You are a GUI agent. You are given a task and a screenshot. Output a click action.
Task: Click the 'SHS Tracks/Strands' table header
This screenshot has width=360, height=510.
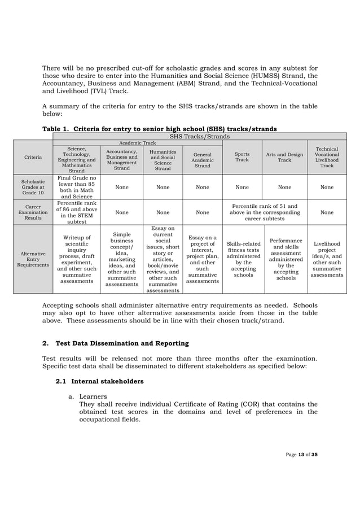(x=199, y=136)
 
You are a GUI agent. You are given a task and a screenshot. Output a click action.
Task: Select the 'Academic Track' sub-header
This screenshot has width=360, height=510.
(x=137, y=143)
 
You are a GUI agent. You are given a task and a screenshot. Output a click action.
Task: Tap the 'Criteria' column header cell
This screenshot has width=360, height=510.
(x=33, y=157)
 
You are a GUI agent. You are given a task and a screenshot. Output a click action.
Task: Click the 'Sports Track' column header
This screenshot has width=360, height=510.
(x=242, y=156)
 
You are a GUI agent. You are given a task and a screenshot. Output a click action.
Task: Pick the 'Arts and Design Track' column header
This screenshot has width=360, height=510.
(x=284, y=156)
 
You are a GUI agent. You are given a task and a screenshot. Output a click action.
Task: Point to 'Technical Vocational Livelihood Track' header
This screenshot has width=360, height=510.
(x=327, y=156)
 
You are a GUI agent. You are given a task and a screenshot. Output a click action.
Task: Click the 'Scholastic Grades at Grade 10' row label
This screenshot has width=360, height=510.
(x=33, y=188)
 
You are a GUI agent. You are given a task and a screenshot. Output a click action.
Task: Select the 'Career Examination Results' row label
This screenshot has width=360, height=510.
(x=33, y=212)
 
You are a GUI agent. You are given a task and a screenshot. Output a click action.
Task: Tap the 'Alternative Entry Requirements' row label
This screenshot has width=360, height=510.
(x=33, y=259)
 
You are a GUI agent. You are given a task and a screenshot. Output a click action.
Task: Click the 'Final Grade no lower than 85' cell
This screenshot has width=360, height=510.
(x=76, y=188)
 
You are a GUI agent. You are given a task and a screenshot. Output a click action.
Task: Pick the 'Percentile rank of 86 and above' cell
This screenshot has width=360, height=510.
(x=76, y=212)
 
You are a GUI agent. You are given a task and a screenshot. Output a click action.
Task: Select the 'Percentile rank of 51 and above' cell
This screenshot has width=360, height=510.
(x=264, y=212)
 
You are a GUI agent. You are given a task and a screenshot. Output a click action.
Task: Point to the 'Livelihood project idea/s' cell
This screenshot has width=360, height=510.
(x=327, y=259)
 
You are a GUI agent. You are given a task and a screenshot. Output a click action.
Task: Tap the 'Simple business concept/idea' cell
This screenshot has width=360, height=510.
(x=122, y=259)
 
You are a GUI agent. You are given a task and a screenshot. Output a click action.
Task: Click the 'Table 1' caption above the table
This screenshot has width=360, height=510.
(x=159, y=129)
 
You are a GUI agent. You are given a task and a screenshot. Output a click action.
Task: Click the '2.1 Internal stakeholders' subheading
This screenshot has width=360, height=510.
(x=99, y=381)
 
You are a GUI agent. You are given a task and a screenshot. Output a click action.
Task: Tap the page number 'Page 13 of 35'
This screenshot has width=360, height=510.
(x=301, y=455)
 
